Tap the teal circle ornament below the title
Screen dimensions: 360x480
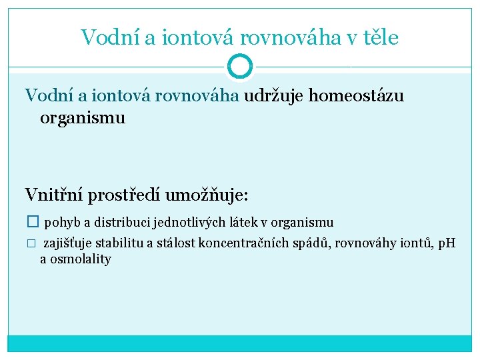click(240, 67)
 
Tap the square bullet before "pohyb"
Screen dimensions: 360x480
click(31, 222)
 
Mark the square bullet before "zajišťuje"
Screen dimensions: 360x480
click(30, 243)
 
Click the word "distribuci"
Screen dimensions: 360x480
click(115, 222)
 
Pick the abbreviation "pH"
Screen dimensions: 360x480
click(445, 243)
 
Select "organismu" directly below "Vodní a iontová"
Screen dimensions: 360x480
click(83, 119)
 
